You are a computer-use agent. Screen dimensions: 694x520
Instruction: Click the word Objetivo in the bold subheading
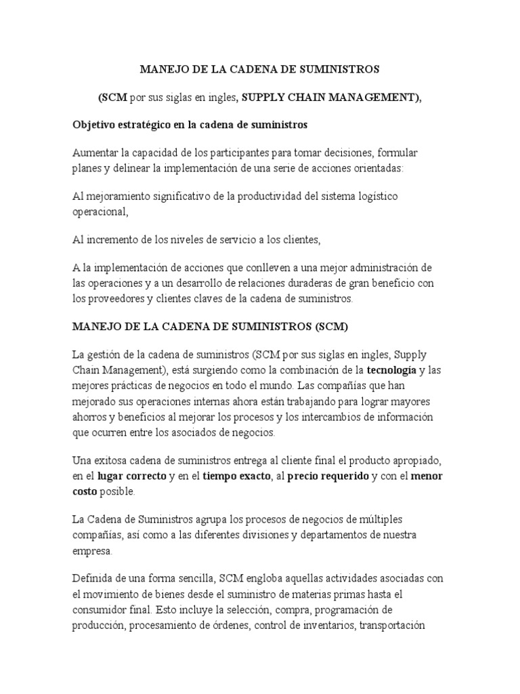click(93, 125)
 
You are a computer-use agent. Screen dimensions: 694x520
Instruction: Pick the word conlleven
click(269, 268)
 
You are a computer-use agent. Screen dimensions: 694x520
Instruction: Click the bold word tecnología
click(392, 371)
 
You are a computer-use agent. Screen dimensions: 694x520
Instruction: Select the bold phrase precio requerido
click(328, 476)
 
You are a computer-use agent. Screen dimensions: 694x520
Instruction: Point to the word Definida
click(93, 577)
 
